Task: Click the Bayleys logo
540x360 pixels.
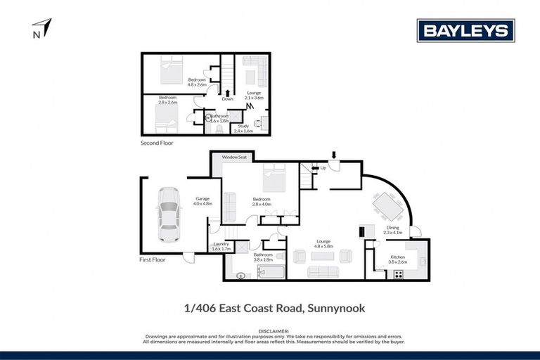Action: (x=466, y=30)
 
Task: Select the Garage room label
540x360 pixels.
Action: (x=203, y=201)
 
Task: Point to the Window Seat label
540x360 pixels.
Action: (x=235, y=157)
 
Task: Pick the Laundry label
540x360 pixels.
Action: (x=221, y=246)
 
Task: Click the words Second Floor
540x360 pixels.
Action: (x=157, y=143)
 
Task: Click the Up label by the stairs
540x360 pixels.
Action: (x=323, y=168)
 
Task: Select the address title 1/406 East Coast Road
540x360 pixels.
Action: (x=269, y=308)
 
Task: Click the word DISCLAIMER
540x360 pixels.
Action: (x=270, y=330)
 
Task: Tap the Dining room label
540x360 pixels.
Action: (x=391, y=229)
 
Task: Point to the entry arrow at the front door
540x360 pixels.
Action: (x=335, y=155)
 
